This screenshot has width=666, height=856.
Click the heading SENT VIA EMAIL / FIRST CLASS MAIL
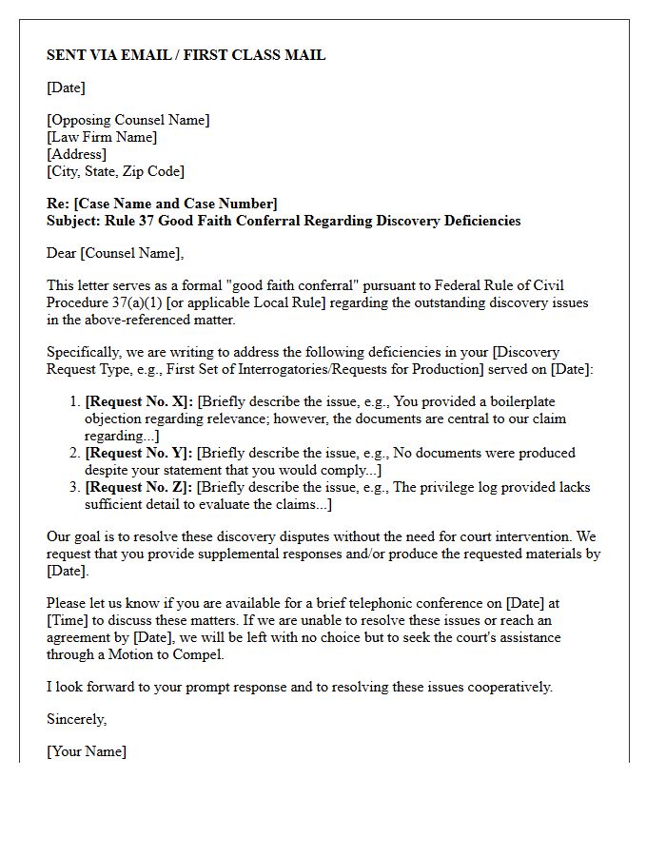[186, 55]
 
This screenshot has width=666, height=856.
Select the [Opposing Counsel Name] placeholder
[128, 120]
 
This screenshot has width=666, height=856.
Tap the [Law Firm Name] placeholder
[102, 137]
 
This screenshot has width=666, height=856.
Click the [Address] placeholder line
[76, 154]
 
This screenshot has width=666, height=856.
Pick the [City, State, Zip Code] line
[115, 171]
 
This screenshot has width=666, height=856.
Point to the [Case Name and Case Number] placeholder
[176, 204]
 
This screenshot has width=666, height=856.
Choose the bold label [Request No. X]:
[139, 401]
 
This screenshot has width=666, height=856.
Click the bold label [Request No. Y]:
[139, 453]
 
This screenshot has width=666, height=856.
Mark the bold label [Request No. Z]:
[139, 487]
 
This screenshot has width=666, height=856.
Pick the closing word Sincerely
[76, 719]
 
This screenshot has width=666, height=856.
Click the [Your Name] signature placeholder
[86, 751]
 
